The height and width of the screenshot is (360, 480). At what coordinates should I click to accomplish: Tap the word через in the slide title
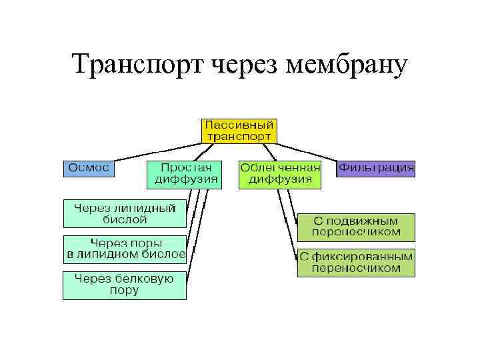coord(245,65)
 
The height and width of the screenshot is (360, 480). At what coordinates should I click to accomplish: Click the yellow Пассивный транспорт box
coord(239,130)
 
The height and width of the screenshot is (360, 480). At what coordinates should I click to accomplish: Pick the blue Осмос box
coord(89,168)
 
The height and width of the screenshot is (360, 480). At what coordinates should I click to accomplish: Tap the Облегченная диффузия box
coord(280,174)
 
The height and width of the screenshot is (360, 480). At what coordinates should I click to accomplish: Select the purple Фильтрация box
coord(376,168)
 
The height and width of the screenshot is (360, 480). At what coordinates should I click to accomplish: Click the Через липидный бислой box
coord(125,213)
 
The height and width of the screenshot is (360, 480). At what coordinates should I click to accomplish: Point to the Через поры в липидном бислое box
coord(125,249)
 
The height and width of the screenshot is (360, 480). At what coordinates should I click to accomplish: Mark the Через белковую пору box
coord(125,285)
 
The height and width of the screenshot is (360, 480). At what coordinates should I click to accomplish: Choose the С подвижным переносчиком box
coord(356,227)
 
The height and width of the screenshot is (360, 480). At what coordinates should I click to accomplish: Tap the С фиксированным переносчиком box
coord(356,263)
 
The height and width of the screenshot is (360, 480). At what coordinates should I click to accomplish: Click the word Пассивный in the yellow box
coord(239,125)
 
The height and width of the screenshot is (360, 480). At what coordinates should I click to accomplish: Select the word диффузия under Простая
coord(186,179)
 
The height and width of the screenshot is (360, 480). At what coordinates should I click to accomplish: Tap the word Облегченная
coord(280,168)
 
